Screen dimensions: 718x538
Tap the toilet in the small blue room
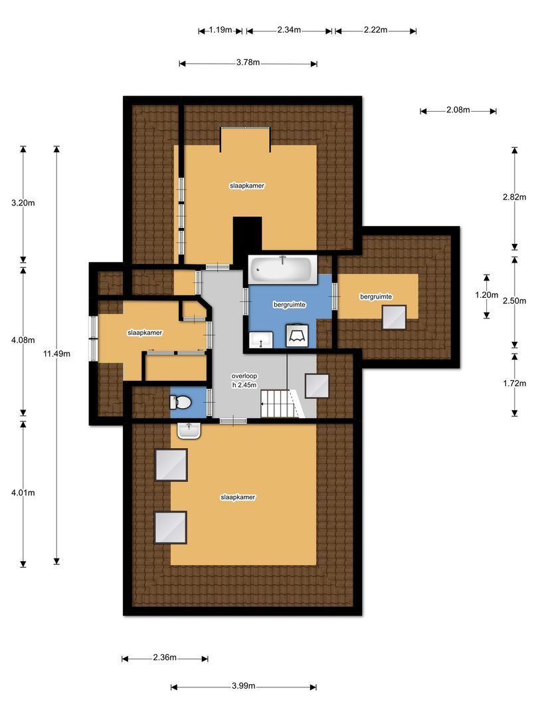(181, 402)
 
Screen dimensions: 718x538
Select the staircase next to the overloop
(276, 403)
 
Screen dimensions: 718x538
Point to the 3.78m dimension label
(248, 63)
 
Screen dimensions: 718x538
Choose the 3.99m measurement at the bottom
(243, 686)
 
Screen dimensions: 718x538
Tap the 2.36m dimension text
(164, 658)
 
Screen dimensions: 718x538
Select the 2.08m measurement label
(458, 110)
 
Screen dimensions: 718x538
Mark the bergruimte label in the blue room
(289, 304)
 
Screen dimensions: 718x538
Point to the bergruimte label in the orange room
(376, 296)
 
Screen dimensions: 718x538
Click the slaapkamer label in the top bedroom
(247, 186)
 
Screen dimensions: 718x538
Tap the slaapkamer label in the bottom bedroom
(238, 497)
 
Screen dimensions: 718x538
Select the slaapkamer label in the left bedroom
(145, 332)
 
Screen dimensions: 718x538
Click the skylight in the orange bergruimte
(394, 317)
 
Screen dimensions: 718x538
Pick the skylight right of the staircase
(317, 386)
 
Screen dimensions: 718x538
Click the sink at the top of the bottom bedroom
(189, 431)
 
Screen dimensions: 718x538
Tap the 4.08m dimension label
(23, 340)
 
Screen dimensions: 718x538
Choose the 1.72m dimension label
(515, 383)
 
